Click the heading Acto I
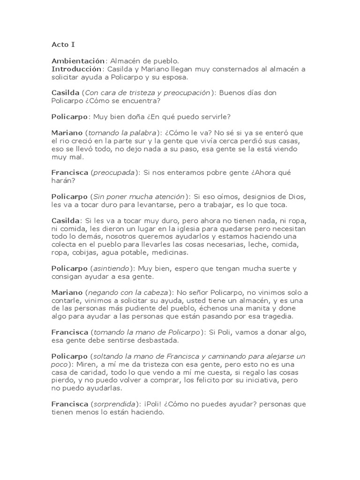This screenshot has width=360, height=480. [x=63, y=45]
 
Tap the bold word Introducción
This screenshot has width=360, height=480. [x=76, y=69]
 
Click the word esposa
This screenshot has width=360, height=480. [x=173, y=77]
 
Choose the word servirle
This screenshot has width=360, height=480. [x=209, y=117]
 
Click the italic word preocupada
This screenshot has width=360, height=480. [x=114, y=172]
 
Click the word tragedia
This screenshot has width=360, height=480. [x=277, y=316]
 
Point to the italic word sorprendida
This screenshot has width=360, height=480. [x=114, y=404]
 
